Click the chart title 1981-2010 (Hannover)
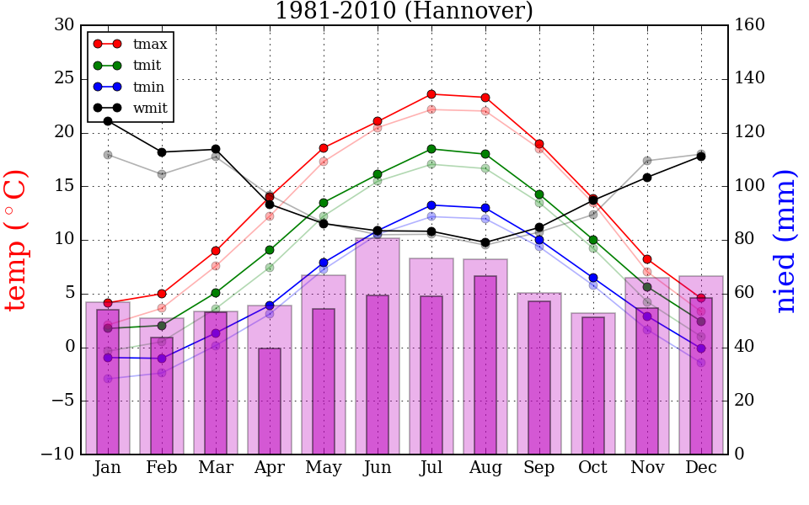tap(404, 11)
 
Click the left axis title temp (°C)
tap(17, 240)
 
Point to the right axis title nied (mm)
tap(785, 240)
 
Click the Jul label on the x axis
tap(431, 468)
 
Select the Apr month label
tap(270, 468)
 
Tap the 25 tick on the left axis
tap(64, 79)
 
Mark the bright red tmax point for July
tap(431, 94)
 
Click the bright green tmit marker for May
tap(324, 203)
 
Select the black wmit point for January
tap(108, 121)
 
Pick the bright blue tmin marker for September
tap(539, 240)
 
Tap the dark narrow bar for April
tap(270, 401)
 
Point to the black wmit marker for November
tap(647, 178)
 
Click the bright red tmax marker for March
tap(216, 251)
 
